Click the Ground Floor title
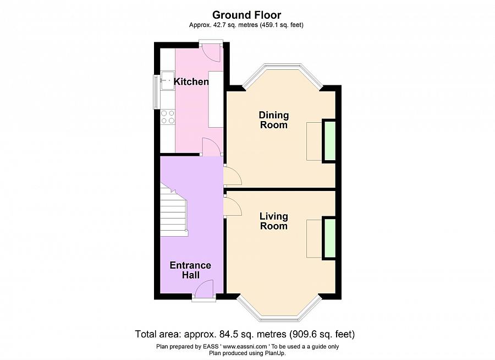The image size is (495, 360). click(x=246, y=15)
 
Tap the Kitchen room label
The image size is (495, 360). click(x=191, y=81)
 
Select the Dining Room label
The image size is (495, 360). click(x=274, y=120)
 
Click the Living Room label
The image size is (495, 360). click(x=274, y=221)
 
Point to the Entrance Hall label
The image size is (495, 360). click(x=190, y=270)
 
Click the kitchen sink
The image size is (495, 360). click(x=168, y=80)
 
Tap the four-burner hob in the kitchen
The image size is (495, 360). click(x=168, y=117)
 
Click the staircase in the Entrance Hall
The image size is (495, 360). click(x=174, y=210)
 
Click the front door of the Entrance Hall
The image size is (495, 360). click(x=204, y=289)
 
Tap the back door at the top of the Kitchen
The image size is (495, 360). click(x=211, y=52)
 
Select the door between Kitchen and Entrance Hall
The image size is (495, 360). click(x=211, y=147)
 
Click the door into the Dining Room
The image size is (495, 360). click(x=233, y=175)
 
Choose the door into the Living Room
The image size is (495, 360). click(x=233, y=205)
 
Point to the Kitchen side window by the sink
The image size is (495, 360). click(x=157, y=92)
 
